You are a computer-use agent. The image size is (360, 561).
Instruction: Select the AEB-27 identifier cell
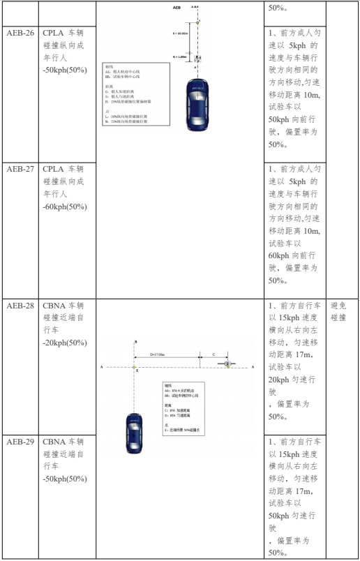point(19,169)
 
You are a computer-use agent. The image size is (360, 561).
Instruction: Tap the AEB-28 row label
point(19,306)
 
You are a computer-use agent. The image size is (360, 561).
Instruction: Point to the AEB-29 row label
point(19,442)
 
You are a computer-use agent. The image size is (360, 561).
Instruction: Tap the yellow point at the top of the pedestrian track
point(198,22)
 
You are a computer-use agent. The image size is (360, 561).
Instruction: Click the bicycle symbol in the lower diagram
point(227,364)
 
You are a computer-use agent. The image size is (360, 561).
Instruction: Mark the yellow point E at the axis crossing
point(135,366)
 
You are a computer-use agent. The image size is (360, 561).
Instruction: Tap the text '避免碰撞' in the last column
point(338,312)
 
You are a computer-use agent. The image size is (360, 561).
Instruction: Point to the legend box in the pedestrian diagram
point(135,93)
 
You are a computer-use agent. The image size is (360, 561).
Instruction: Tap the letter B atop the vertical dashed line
point(135,341)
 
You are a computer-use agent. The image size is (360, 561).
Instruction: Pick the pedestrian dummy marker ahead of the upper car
point(198,57)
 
